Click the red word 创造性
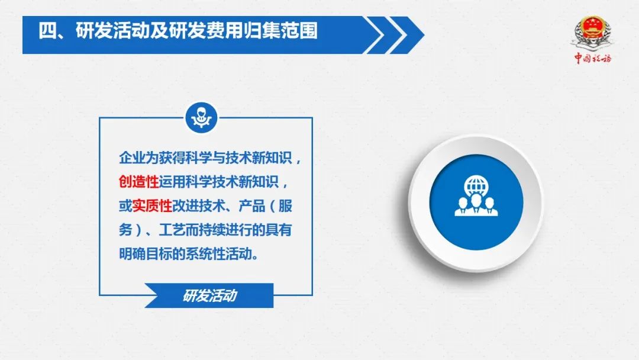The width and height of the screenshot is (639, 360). pyautogui.click(x=138, y=182)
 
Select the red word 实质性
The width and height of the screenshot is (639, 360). pyautogui.click(x=152, y=206)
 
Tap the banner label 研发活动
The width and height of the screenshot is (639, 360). pyautogui.click(x=209, y=295)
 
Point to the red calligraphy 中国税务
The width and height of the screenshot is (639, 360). pyautogui.click(x=593, y=58)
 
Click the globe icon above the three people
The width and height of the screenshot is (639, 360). pyautogui.click(x=476, y=185)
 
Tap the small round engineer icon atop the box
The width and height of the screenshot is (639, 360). pyautogui.click(x=201, y=118)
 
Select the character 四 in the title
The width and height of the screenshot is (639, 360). pyautogui.click(x=47, y=31)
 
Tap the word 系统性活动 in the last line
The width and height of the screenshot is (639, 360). pyautogui.click(x=218, y=254)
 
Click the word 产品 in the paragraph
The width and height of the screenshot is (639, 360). pyautogui.click(x=251, y=206)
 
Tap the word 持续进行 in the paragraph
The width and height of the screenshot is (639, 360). pyautogui.click(x=211, y=230)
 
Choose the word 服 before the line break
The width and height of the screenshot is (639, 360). pyautogui.click(x=285, y=206)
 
